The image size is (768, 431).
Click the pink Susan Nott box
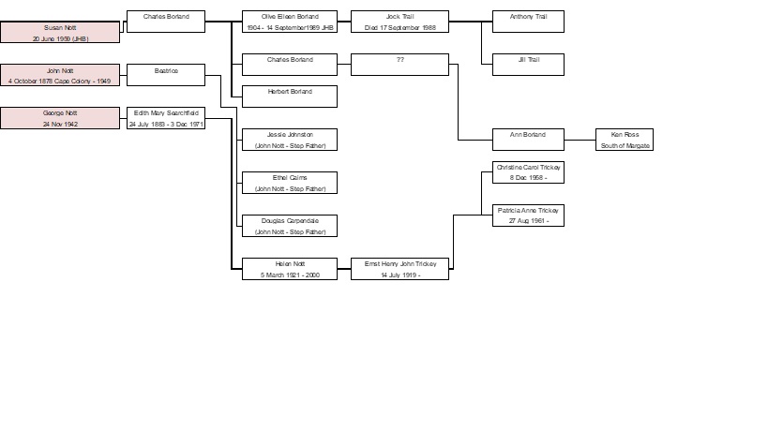tap(60, 33)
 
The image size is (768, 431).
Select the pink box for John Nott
tap(60, 75)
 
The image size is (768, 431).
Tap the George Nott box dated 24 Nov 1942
tap(60, 118)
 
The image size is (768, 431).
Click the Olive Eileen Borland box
tap(289, 22)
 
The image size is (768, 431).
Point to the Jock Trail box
tap(399, 22)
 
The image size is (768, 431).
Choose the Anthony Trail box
tap(528, 22)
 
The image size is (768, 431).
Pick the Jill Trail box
tap(528, 64)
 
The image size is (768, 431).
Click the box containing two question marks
tap(399, 64)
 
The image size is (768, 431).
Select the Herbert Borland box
tap(289, 96)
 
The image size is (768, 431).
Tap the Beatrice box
tap(165, 75)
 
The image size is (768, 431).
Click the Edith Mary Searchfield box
tap(165, 118)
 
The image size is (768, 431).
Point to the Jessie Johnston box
tap(289, 140)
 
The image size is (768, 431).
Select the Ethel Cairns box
tap(289, 183)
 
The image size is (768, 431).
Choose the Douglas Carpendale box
tap(289, 226)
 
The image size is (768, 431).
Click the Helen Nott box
tap(289, 269)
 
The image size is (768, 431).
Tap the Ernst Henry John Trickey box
tap(399, 269)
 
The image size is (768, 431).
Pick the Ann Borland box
tap(528, 140)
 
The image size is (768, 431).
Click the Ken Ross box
tap(624, 140)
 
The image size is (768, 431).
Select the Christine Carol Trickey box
tap(528, 172)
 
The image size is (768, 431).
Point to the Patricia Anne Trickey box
tap(528, 215)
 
